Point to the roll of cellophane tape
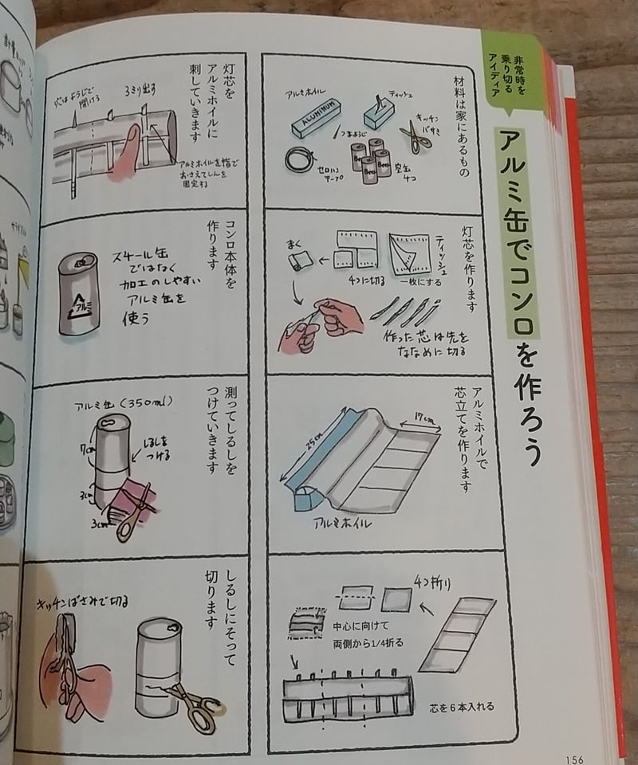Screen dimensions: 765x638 point(299,157)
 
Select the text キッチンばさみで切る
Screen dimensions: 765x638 point(79,600)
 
